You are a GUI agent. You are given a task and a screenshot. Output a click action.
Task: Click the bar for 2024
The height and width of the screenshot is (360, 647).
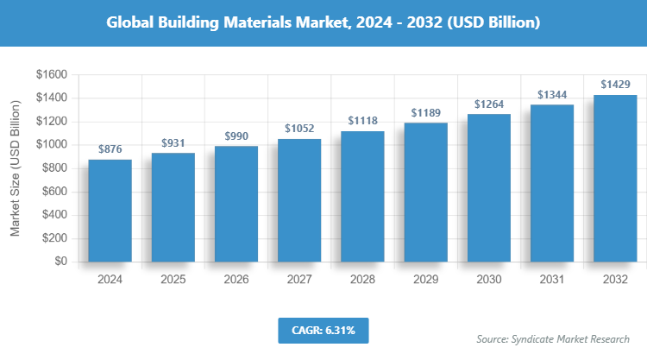pyautogui.click(x=110, y=210)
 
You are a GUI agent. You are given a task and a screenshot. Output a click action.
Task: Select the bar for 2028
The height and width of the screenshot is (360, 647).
pyautogui.click(x=362, y=196)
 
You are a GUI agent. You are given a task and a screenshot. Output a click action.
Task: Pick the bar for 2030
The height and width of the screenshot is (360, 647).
pyautogui.click(x=488, y=187)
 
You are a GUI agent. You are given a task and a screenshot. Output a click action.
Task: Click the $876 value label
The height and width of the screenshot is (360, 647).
pyautogui.click(x=110, y=149)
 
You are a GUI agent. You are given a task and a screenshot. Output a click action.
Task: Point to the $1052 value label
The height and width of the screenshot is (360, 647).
pyautogui.click(x=299, y=129)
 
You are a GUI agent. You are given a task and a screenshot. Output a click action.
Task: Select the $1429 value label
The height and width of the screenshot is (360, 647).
pyautogui.click(x=614, y=85)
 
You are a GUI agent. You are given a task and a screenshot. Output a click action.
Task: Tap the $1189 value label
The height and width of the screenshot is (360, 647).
pyautogui.click(x=425, y=113)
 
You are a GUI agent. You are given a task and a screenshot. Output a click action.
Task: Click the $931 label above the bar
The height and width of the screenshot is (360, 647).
pyautogui.click(x=173, y=142)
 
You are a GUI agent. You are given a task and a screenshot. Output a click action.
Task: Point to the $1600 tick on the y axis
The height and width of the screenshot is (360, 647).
pyautogui.click(x=51, y=75)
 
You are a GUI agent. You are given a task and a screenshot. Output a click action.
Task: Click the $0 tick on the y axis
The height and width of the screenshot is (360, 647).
pyautogui.click(x=60, y=261)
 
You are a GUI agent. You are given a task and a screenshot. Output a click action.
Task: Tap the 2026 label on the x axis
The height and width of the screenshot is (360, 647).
pyautogui.click(x=236, y=280)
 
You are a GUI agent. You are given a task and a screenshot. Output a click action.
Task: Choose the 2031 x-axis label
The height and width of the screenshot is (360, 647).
pyautogui.click(x=551, y=280)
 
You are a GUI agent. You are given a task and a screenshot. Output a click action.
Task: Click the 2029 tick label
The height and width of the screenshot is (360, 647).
pyautogui.click(x=425, y=280)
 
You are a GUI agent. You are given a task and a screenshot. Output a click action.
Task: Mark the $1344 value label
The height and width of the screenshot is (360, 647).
pyautogui.click(x=551, y=95)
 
